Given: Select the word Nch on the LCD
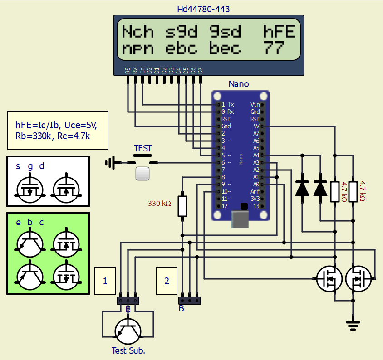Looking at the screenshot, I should pos(137,32).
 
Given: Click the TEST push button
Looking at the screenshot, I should pos(143,173).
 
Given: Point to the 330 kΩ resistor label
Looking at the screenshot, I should pos(159,204).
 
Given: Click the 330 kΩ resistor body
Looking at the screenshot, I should pos(182,206).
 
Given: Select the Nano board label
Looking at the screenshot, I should pos(238,84).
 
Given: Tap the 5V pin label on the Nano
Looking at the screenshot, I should pos(256,126).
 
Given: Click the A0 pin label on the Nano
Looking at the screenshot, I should pos(256,184).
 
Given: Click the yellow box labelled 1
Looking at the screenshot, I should pos(105,281).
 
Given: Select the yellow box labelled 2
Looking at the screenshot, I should pos(167,281).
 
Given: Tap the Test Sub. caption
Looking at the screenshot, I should pos(128,350).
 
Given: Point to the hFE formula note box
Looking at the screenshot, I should pos(58,130).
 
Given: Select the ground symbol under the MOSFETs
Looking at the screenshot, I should pos(352,323).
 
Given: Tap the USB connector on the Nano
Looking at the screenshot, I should pos(241,219).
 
